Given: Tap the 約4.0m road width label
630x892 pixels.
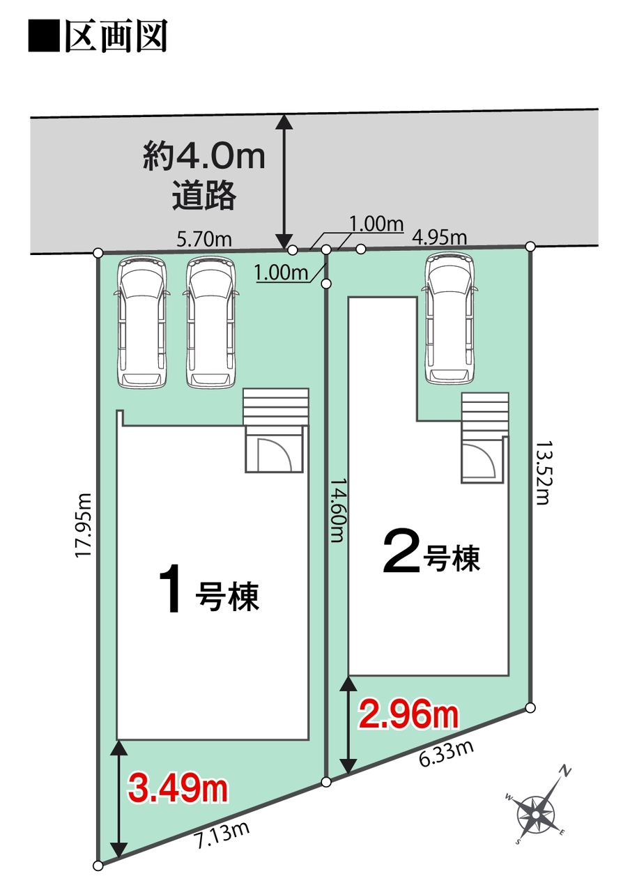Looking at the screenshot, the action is [x=204, y=157].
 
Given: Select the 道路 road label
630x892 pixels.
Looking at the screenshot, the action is [x=204, y=196].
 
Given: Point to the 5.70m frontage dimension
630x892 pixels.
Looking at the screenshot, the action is [x=204, y=240].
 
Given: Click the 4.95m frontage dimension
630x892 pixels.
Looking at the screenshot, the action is [x=439, y=238].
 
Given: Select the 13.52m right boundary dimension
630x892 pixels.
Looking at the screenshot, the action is [x=542, y=472].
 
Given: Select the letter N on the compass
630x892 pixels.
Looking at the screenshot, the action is [x=565, y=772].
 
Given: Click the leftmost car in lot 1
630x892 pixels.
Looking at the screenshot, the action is [x=141, y=322].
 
